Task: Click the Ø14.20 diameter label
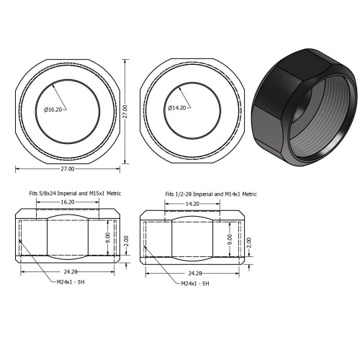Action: coord(178,108)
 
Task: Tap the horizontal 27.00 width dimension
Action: coord(66,168)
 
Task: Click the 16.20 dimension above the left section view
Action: coord(67,203)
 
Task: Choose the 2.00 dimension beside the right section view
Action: coord(248,240)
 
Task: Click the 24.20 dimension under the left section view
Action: coord(71,272)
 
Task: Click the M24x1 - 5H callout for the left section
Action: coord(72,282)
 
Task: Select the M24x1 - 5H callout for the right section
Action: coord(194,284)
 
